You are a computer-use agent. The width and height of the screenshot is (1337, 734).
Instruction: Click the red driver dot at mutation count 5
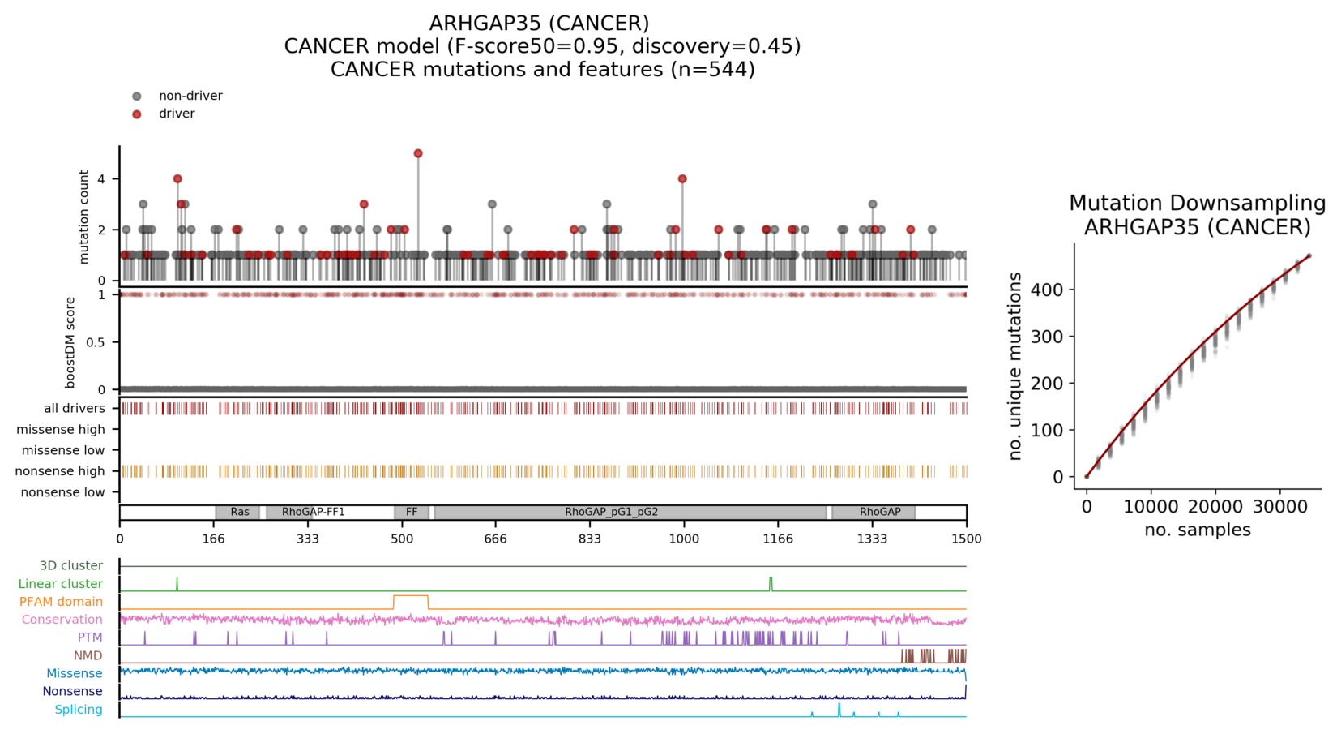[418, 153]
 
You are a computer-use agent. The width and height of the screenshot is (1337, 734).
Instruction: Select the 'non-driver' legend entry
[190, 96]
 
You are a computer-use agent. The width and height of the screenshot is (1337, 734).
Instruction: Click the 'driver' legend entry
[176, 114]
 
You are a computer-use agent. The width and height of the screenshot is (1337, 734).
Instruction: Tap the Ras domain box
[238, 512]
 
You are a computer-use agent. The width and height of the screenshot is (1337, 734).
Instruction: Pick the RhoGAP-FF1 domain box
[314, 512]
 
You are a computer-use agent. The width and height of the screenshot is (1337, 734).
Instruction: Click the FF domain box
[412, 512]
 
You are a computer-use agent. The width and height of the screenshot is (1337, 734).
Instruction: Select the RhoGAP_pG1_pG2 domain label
[612, 512]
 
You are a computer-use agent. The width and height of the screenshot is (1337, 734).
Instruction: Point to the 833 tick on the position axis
[590, 539]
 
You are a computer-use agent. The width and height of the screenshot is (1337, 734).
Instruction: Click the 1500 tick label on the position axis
[966, 539]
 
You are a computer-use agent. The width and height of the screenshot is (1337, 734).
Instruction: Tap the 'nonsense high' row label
[60, 471]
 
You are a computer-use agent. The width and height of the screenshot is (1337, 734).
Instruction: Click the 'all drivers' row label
[75, 408]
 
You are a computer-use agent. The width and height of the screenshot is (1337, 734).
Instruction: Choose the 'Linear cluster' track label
[61, 584]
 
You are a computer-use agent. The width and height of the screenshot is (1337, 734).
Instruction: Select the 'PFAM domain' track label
[62, 602]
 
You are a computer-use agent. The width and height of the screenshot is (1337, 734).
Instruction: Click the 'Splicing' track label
[79, 710]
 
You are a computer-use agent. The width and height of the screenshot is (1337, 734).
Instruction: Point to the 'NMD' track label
[88, 655]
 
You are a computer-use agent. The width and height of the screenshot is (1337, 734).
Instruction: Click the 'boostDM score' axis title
[70, 342]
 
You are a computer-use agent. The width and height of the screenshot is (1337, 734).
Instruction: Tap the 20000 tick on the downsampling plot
[1215, 507]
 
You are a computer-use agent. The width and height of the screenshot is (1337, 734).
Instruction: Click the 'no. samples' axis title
[1197, 530]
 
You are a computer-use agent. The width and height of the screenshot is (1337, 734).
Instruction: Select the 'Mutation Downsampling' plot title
[1197, 203]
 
